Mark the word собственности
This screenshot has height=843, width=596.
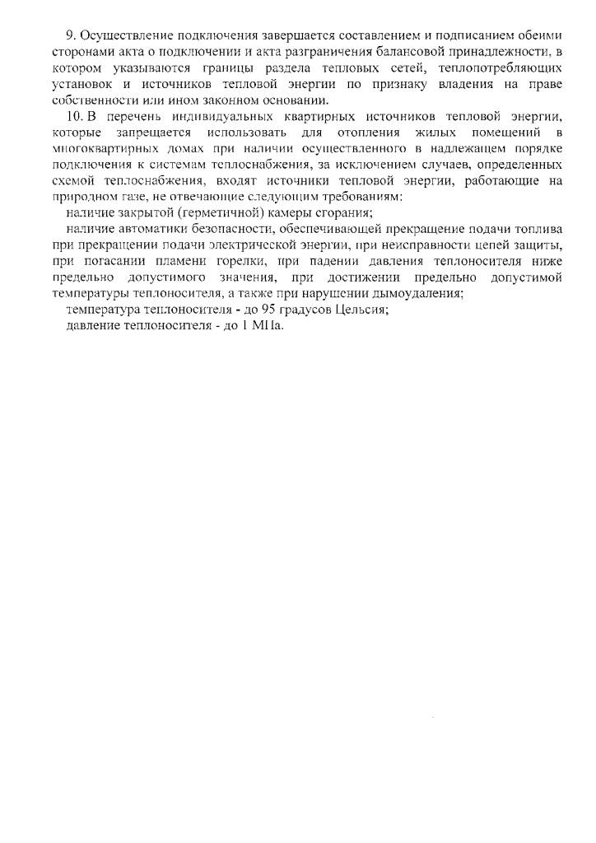[88, 100]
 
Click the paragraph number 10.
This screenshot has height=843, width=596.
[73, 116]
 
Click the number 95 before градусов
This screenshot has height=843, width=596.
[253, 309]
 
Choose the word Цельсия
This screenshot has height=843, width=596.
[351, 309]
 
